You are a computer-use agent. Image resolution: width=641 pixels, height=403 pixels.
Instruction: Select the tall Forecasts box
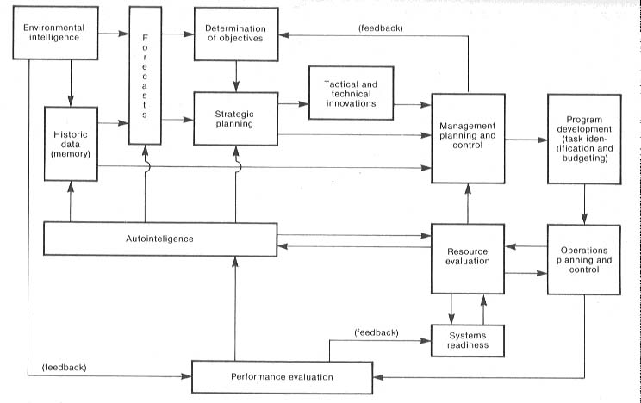pyautogui.click(x=145, y=76)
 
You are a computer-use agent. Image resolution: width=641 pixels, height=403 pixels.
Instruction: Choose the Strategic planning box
pyautogui.click(x=235, y=117)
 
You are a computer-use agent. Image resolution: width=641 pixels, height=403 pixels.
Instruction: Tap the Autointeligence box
pyautogui.click(x=159, y=238)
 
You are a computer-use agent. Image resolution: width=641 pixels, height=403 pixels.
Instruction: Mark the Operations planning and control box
pyautogui.click(x=584, y=259)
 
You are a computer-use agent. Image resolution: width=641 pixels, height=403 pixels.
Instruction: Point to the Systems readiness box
pyautogui.click(x=468, y=341)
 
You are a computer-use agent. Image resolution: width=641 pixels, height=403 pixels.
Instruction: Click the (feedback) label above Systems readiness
pyautogui.click(x=376, y=332)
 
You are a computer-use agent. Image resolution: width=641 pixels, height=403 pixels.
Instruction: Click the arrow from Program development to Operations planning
pyautogui.click(x=585, y=203)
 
